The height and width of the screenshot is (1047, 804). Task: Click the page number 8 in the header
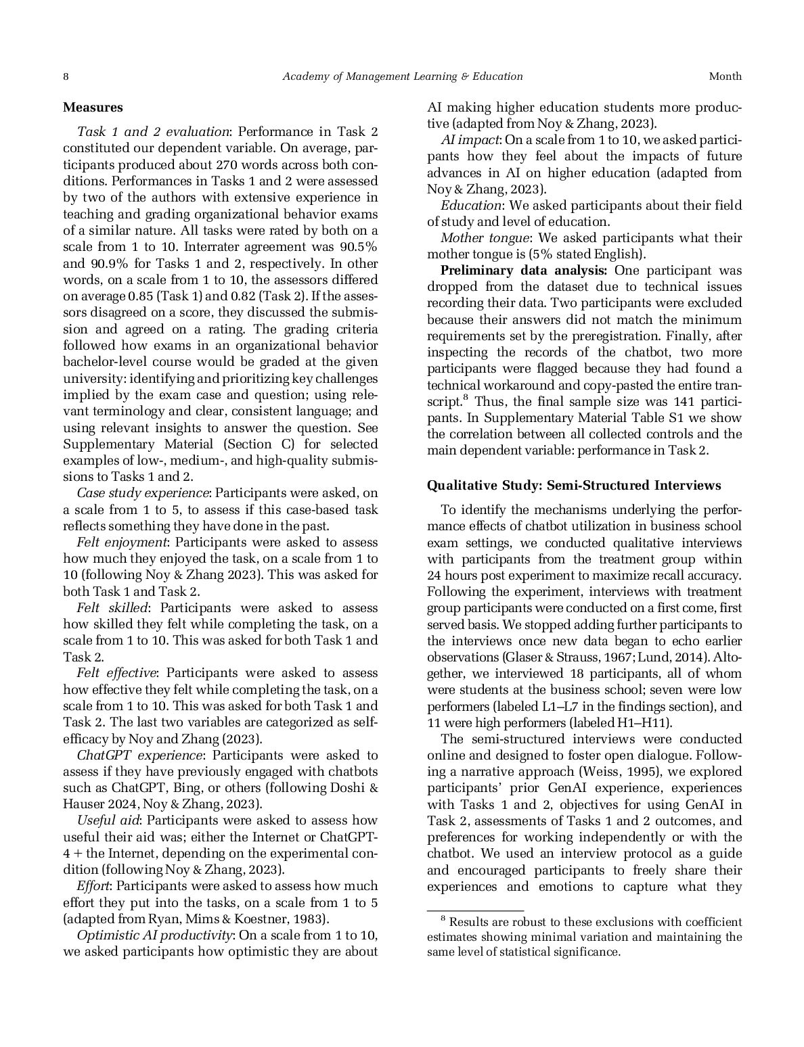66,76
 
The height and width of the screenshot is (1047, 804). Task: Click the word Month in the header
725,76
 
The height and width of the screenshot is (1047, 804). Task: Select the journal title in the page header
402,76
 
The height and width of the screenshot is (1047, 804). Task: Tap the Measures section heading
93,107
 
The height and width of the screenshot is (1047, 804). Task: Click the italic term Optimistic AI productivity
154,935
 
